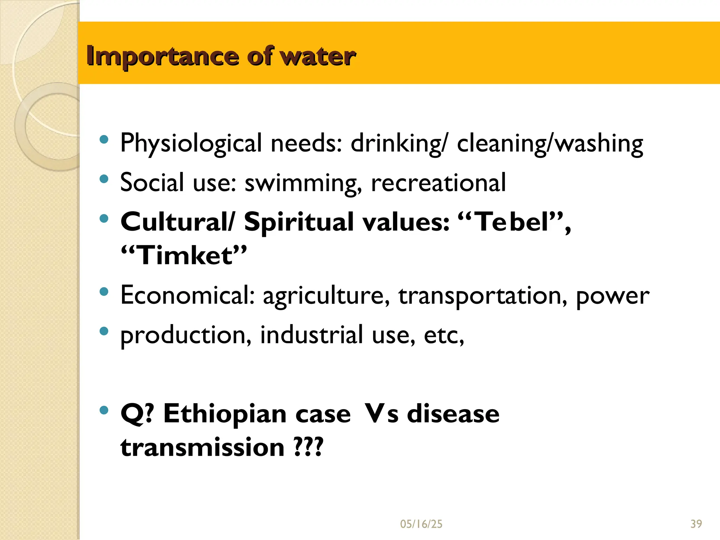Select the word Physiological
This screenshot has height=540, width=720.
tap(191, 143)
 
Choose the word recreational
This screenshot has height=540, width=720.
tap(438, 182)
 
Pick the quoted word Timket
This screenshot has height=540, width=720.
tap(184, 255)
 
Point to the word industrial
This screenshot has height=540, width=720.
tap(311, 335)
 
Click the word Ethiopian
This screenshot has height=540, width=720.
tap(225, 414)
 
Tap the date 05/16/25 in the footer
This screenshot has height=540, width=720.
tap(421, 524)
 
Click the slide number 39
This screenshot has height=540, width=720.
tap(696, 524)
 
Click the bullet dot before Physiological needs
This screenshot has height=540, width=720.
tap(104, 140)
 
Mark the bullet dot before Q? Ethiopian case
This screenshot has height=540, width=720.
tap(104, 410)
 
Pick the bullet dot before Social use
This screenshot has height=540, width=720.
tap(104, 179)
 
